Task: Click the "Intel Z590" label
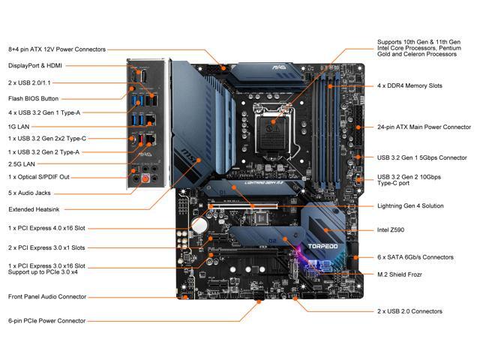[x=397, y=229]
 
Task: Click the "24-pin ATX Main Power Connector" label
[x=424, y=127]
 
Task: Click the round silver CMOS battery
[x=199, y=224]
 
